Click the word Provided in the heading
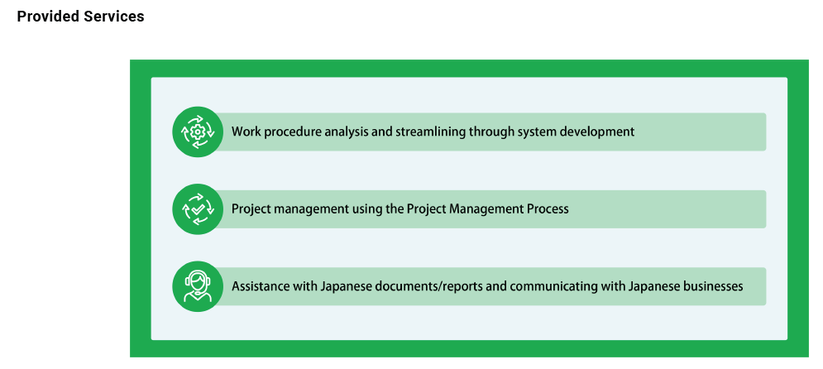48,17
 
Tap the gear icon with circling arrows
198,132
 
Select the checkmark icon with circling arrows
198,209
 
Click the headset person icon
198,286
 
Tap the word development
597,132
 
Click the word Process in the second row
548,209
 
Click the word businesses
710,286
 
